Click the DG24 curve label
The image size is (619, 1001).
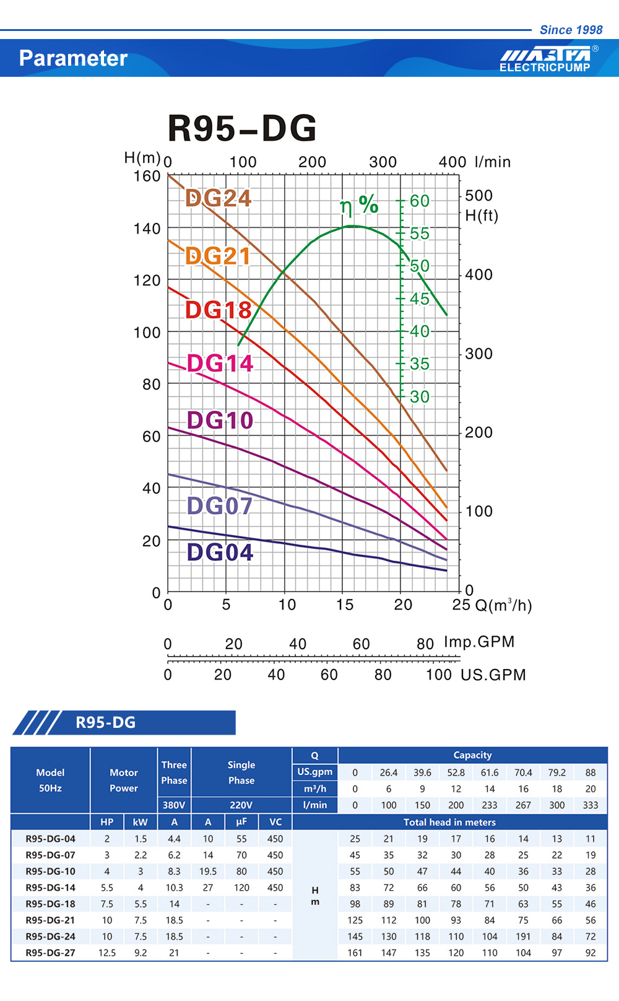pyautogui.click(x=219, y=198)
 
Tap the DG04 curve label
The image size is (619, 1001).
pyautogui.click(x=220, y=552)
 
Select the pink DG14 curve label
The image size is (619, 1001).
pyautogui.click(x=220, y=364)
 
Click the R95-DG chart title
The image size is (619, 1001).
pyautogui.click(x=242, y=128)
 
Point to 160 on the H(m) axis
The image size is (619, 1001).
pyautogui.click(x=147, y=177)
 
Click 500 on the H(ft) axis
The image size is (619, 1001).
pyautogui.click(x=478, y=196)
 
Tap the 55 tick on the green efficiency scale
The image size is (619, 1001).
pyautogui.click(x=419, y=234)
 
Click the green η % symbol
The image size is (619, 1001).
pyautogui.click(x=359, y=204)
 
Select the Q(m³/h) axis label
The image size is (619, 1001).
pyautogui.click(x=503, y=605)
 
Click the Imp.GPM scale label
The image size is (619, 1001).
pyautogui.click(x=479, y=642)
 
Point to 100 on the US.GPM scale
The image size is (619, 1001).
pyautogui.click(x=438, y=675)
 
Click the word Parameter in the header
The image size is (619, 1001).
pyautogui.click(x=73, y=58)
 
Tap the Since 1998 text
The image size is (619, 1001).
pyautogui.click(x=571, y=30)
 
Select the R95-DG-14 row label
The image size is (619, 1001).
pyautogui.click(x=50, y=888)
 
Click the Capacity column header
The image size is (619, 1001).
pyautogui.click(x=472, y=755)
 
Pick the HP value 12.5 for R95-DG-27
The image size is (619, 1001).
pyautogui.click(x=106, y=953)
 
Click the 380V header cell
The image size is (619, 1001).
pyautogui.click(x=174, y=805)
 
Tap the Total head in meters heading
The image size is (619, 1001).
pyautogui.click(x=449, y=822)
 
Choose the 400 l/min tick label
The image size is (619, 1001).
pyautogui.click(x=452, y=162)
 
